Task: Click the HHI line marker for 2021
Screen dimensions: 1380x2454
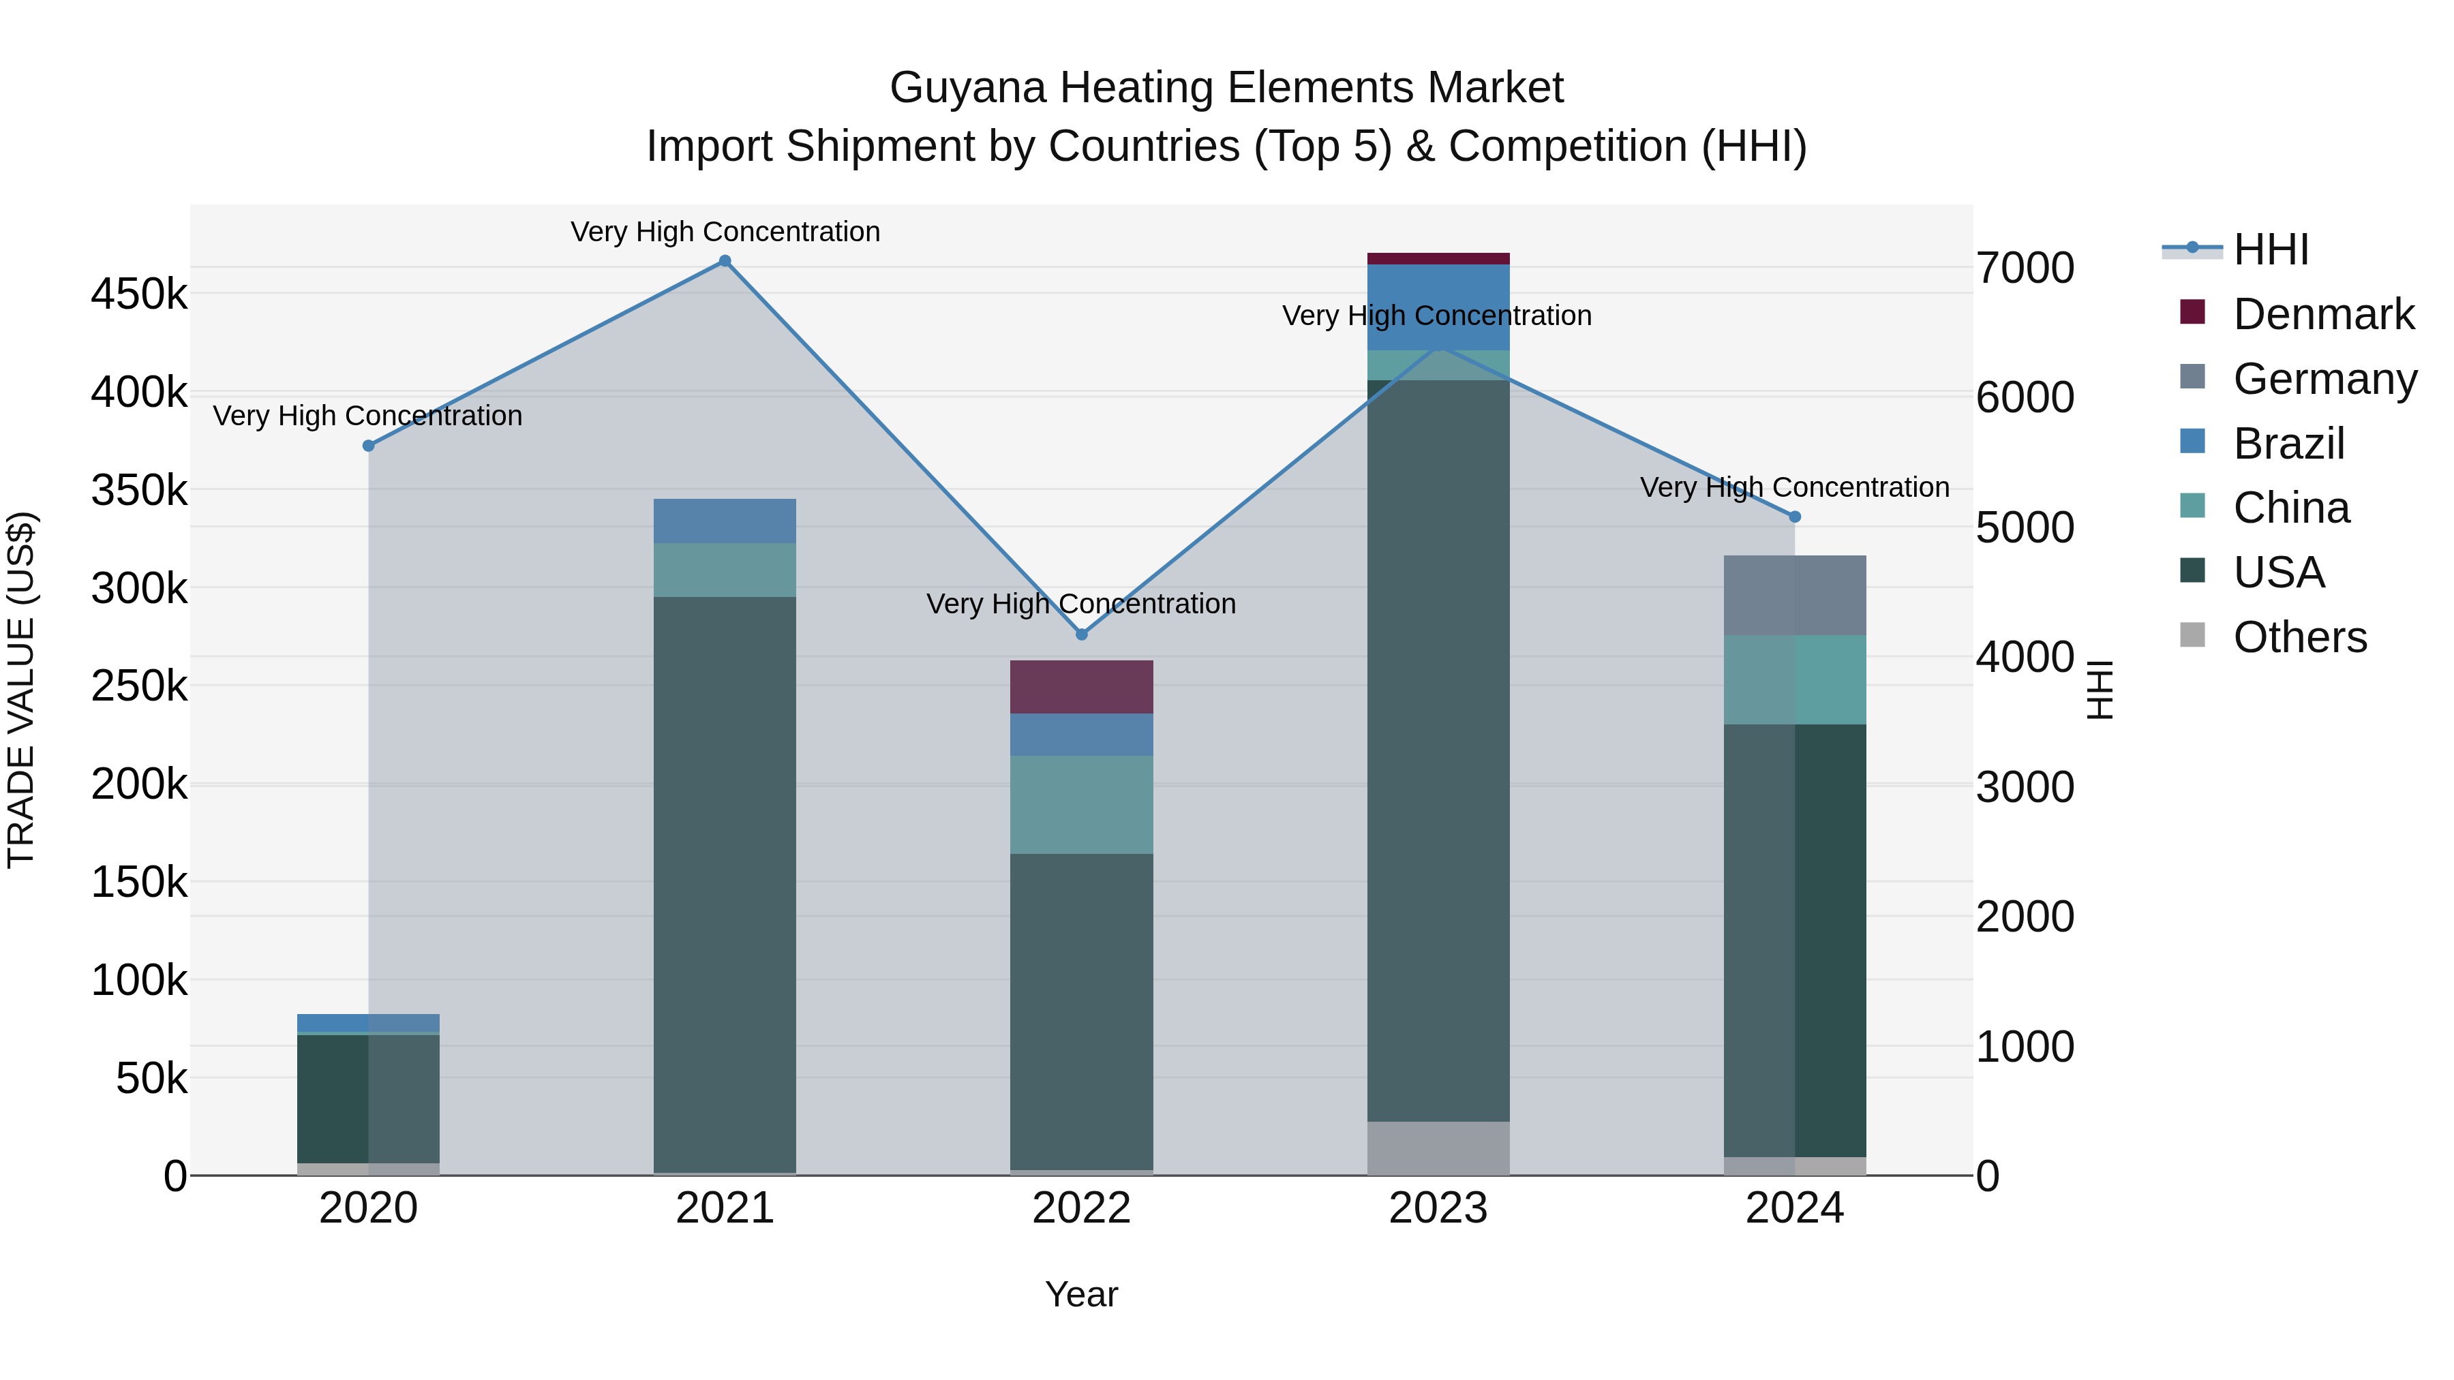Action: pyautogui.click(x=725, y=261)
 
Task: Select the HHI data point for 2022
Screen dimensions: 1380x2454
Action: pyautogui.click(x=1081, y=634)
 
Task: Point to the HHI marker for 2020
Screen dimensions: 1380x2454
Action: pyautogui.click(x=369, y=446)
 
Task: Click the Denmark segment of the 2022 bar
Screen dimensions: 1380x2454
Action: pyautogui.click(x=1081, y=687)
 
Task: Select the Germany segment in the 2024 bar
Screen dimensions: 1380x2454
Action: pyautogui.click(x=1795, y=595)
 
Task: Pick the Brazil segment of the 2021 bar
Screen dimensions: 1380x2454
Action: pyautogui.click(x=725, y=521)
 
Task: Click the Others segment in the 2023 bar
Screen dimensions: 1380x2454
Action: pyautogui.click(x=1438, y=1148)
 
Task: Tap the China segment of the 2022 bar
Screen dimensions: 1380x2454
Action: pyautogui.click(x=1081, y=805)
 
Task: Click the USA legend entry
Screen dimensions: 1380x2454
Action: pyautogui.click(x=2279, y=572)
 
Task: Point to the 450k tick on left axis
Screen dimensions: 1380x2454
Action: pyautogui.click(x=139, y=294)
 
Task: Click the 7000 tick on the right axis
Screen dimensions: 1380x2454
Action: pyautogui.click(x=2025, y=268)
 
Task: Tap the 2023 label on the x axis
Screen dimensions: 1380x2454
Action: pyautogui.click(x=1438, y=1208)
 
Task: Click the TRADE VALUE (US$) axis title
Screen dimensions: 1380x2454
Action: pyautogui.click(x=21, y=690)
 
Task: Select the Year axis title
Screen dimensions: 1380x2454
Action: pyautogui.click(x=1081, y=1294)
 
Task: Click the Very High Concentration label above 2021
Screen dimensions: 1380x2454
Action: pyautogui.click(x=725, y=232)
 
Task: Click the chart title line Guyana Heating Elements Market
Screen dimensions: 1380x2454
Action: pyautogui.click(x=1226, y=88)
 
